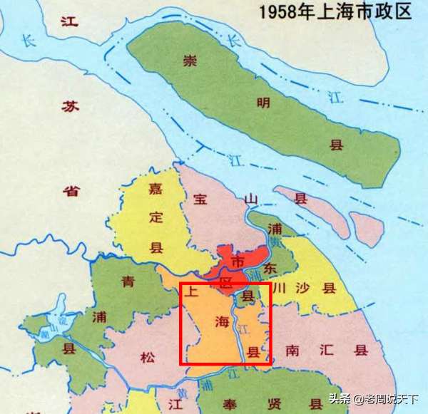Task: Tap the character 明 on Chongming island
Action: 263,103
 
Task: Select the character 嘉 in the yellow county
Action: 156,189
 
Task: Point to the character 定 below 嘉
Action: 156,218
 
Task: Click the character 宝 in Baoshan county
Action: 199,200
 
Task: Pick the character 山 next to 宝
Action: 250,200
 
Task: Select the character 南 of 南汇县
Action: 292,350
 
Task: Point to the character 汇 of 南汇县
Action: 327,350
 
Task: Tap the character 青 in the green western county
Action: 128,281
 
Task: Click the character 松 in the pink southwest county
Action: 148,358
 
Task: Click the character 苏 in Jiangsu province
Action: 69,106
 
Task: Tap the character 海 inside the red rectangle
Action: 222,323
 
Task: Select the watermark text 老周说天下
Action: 390,399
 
